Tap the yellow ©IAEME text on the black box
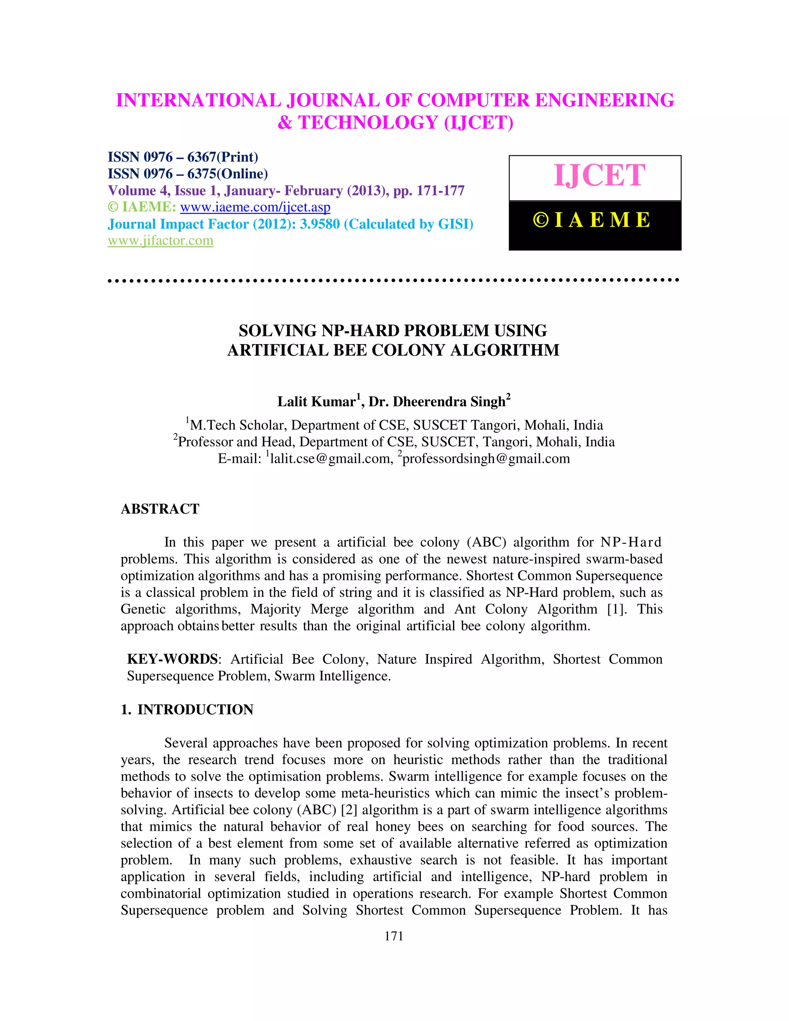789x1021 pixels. point(592,220)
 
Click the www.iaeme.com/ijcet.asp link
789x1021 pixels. point(255,207)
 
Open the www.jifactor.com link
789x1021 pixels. point(160,241)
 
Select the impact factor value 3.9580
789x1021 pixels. point(320,224)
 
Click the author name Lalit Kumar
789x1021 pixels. point(316,401)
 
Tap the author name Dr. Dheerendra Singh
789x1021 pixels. point(436,401)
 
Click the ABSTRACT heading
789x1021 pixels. point(160,509)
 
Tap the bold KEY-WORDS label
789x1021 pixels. point(172,659)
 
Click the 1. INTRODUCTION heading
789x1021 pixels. point(187,710)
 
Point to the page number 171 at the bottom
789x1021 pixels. point(394,936)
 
